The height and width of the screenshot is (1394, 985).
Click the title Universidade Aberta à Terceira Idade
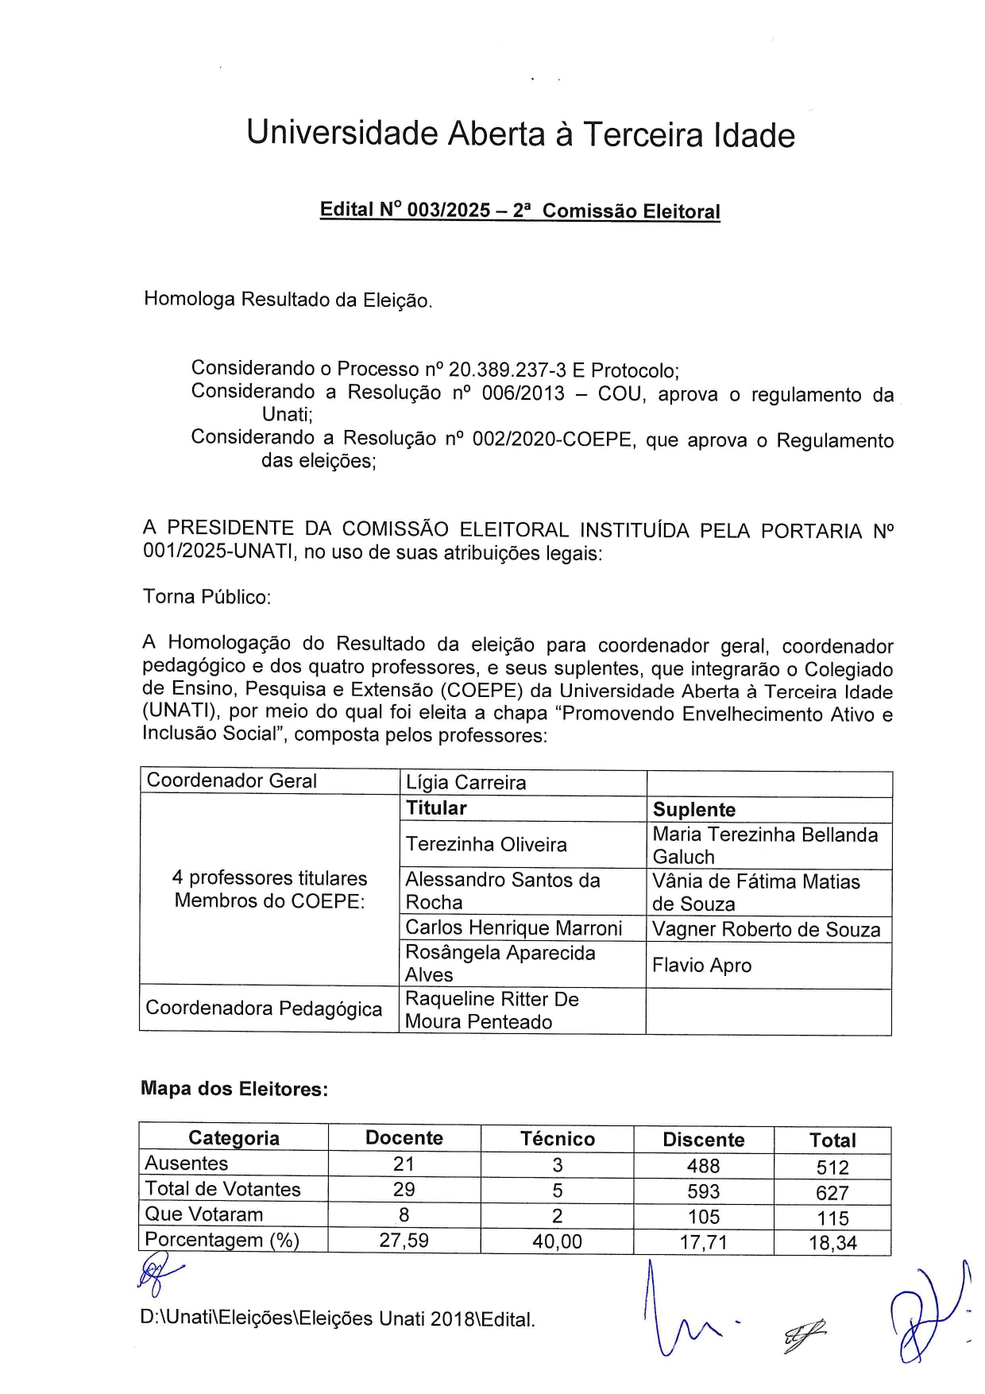(520, 134)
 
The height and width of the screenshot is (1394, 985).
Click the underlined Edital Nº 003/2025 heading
(520, 211)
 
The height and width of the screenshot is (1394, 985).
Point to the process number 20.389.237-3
(507, 370)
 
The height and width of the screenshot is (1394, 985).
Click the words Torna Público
(207, 597)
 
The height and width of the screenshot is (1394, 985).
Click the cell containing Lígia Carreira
(465, 783)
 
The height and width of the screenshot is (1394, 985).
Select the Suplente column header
(693, 810)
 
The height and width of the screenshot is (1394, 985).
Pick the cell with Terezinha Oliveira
(486, 845)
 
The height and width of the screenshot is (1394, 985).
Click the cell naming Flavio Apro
(701, 966)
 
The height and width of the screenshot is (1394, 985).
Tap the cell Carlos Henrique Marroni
(513, 928)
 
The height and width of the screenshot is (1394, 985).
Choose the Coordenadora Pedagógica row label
(264, 1009)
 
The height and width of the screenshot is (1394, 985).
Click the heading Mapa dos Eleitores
(234, 1089)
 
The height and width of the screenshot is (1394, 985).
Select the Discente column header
(703, 1140)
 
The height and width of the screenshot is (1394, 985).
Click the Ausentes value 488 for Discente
(703, 1166)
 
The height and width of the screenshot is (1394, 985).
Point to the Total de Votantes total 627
(832, 1193)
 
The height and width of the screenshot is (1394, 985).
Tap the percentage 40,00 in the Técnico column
(557, 1241)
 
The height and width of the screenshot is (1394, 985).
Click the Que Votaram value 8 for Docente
(404, 1215)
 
